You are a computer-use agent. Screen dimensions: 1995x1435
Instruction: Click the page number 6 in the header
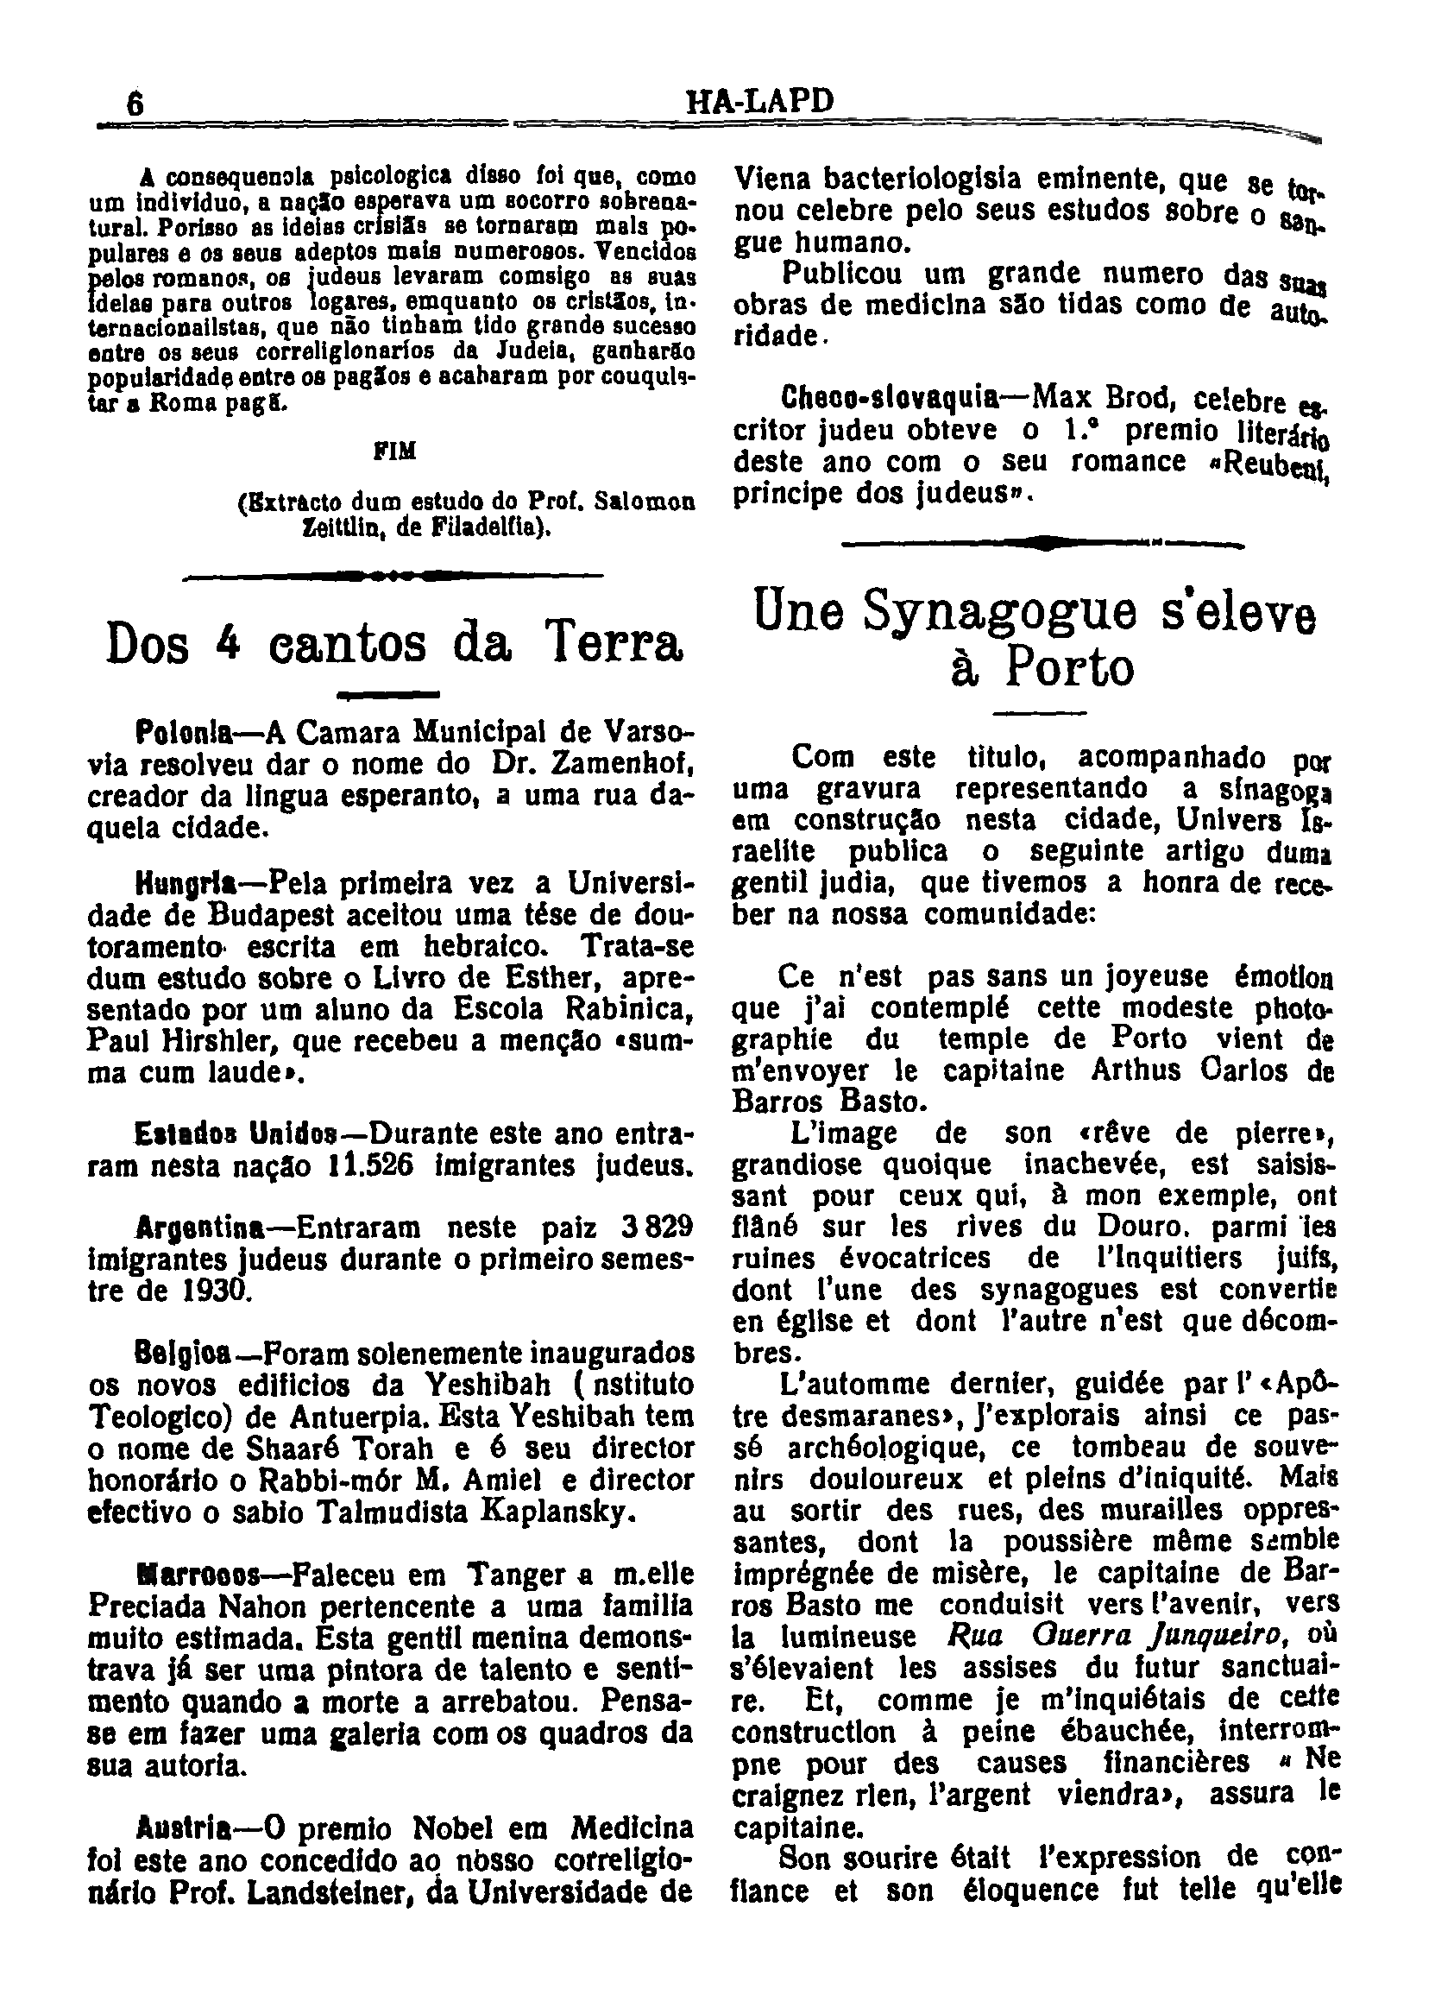(x=135, y=104)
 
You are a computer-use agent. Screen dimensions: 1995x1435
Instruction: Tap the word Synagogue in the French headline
(x=990, y=611)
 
